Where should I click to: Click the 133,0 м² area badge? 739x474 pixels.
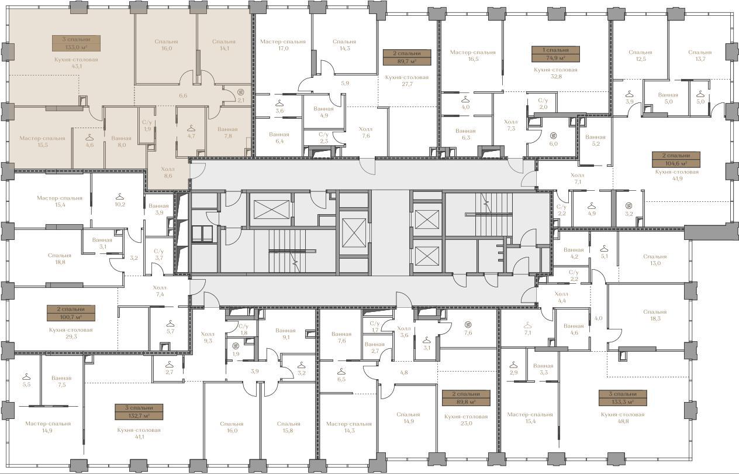[76, 43]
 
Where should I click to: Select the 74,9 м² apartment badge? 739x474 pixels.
[555, 54]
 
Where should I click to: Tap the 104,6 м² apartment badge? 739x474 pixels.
[676, 160]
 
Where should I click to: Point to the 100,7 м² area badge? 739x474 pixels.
[71, 313]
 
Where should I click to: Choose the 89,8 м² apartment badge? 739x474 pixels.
[466, 398]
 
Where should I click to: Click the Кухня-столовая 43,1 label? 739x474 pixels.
[76, 63]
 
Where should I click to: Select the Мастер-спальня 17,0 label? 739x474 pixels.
[283, 45]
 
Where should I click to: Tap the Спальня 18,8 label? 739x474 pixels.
[60, 259]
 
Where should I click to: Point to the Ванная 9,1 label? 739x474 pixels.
[285, 334]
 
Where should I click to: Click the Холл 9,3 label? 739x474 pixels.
[208, 337]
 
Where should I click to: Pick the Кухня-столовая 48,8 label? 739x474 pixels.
[623, 418]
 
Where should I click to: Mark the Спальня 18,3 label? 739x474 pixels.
[655, 315]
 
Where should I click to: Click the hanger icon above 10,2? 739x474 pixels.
[120, 197]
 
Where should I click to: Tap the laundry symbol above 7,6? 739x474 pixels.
[468, 324]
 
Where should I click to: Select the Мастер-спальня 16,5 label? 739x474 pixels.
[473, 56]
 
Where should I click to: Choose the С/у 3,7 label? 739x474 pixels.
[158, 255]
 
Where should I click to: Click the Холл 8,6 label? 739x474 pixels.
[168, 173]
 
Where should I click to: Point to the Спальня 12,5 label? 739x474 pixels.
[640, 56]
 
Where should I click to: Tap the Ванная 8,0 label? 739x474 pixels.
[122, 142]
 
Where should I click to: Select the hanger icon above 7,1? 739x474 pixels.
[528, 325]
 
